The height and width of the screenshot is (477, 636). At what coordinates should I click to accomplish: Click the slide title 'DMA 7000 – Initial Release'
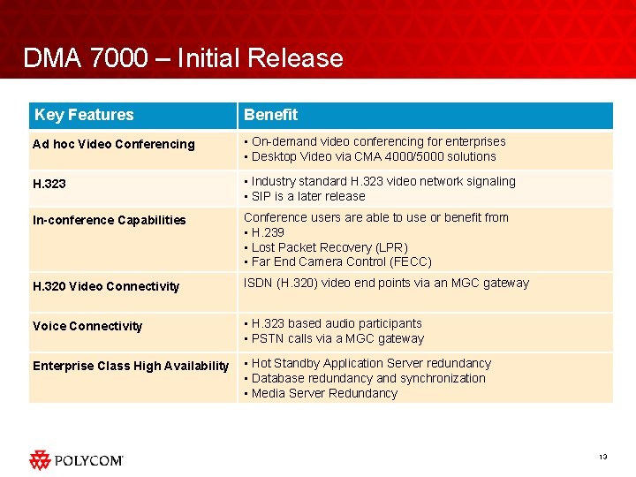pyautogui.click(x=183, y=58)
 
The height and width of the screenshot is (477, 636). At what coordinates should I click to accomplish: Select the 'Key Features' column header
pyautogui.click(x=84, y=115)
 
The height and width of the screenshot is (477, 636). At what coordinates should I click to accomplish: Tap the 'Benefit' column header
pyautogui.click(x=271, y=115)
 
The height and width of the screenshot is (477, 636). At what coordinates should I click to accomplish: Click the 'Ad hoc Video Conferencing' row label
pyautogui.click(x=113, y=144)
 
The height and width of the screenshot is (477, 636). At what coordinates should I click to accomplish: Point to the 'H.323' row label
pyautogui.click(x=49, y=184)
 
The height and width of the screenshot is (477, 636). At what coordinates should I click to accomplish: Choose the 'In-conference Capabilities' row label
pyautogui.click(x=110, y=220)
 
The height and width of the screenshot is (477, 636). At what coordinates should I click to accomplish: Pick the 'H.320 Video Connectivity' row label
pyautogui.click(x=106, y=286)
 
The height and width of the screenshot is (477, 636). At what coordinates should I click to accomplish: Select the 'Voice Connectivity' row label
pyautogui.click(x=87, y=326)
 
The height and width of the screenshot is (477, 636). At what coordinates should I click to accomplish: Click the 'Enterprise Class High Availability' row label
pyautogui.click(x=131, y=366)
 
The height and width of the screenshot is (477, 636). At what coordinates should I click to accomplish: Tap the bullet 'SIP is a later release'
pyautogui.click(x=308, y=196)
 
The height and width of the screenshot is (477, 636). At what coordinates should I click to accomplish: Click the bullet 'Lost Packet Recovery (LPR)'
pyautogui.click(x=329, y=247)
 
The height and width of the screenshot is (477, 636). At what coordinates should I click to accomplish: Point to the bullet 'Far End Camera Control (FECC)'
pyautogui.click(x=341, y=261)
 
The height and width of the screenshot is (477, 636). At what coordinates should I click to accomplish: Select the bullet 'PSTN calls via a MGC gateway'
pyautogui.click(x=337, y=338)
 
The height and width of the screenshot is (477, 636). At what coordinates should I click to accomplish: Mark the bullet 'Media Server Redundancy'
pyautogui.click(x=324, y=393)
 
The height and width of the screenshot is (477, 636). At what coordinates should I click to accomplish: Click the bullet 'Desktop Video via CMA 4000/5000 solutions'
pyautogui.click(x=374, y=156)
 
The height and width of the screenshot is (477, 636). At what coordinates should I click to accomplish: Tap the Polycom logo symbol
pyautogui.click(x=40, y=459)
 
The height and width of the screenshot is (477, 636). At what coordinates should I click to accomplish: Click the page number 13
pyautogui.click(x=602, y=457)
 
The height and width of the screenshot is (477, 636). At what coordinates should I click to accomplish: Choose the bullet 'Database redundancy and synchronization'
pyautogui.click(x=368, y=378)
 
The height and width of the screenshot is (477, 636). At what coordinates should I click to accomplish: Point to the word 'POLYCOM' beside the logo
pyautogui.click(x=89, y=460)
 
